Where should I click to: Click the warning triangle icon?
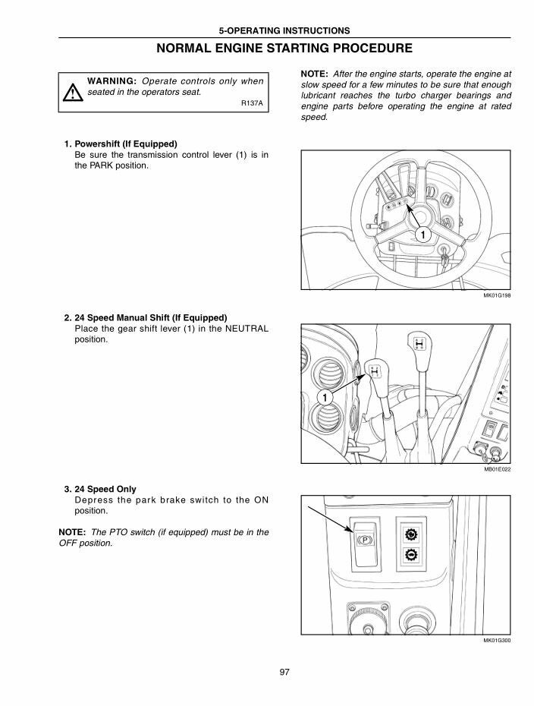(x=71, y=93)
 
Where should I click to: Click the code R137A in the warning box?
(x=252, y=103)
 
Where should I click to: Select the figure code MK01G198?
(x=496, y=296)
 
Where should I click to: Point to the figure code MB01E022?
(x=497, y=470)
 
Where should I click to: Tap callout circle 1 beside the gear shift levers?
(x=324, y=398)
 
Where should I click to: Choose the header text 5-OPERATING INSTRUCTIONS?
(x=284, y=31)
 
